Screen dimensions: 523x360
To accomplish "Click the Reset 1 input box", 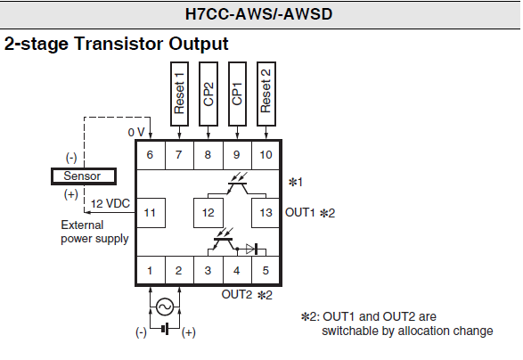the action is tap(179, 94).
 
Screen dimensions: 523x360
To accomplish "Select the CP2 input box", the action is tap(208, 94).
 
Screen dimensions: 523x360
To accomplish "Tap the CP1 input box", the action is tap(238, 94).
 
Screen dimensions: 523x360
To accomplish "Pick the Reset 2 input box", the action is tap(266, 94).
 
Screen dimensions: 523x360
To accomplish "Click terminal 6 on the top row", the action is tap(151, 155).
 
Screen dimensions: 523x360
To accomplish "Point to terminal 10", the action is tap(266, 155).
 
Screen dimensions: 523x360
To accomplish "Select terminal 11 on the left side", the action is tap(151, 213).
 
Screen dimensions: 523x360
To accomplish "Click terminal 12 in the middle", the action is tap(208, 213).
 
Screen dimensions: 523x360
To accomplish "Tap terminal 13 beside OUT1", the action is tap(266, 213).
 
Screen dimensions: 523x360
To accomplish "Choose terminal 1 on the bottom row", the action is tap(151, 270).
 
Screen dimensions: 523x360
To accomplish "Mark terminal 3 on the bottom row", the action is tap(208, 270).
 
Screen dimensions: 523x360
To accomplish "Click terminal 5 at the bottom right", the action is tap(266, 270).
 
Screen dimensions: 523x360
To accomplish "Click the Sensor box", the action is tap(84, 176).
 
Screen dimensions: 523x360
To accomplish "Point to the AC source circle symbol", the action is tap(165, 307).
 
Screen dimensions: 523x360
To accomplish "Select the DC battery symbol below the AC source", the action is tap(165, 329).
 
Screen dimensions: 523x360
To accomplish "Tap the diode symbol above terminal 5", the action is tap(252, 249).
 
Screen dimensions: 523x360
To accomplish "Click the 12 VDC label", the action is tap(110, 203).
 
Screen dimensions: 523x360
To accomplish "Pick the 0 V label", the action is tap(136, 133).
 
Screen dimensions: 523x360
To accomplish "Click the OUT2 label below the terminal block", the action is tap(237, 295).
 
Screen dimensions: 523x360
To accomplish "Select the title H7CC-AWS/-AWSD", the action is tap(259, 14).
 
